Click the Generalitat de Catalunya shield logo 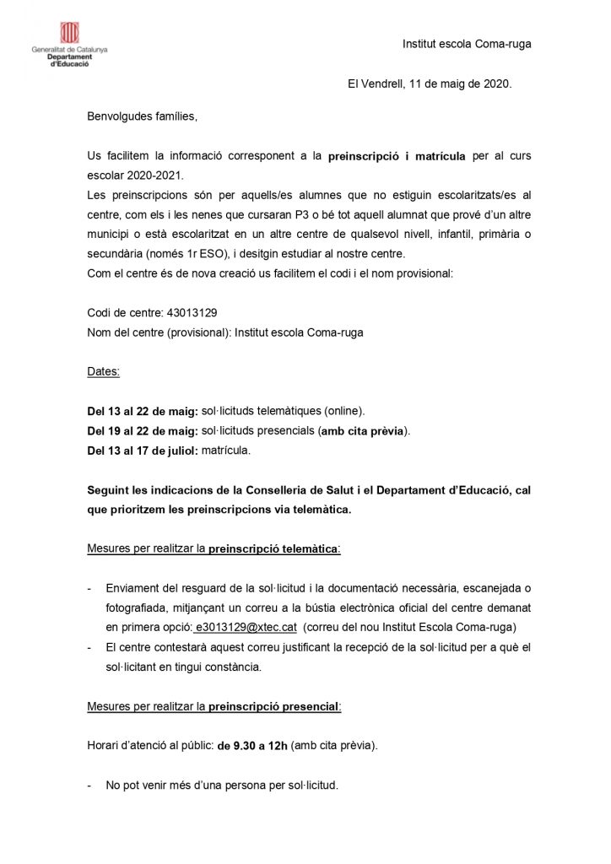(69, 33)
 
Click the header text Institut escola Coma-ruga (467, 44)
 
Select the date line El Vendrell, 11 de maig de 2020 (430, 84)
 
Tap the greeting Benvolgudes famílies (142, 116)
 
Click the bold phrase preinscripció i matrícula (397, 157)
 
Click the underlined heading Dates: (104, 371)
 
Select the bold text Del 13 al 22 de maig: (143, 412)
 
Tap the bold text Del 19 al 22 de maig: (143, 431)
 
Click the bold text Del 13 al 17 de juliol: (143, 451)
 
